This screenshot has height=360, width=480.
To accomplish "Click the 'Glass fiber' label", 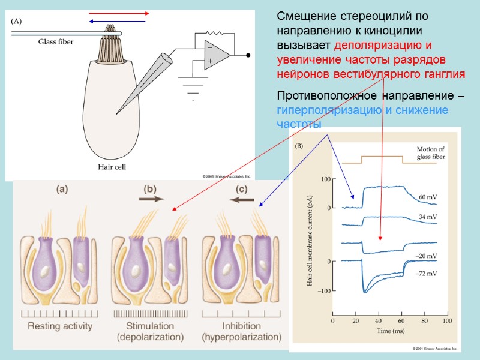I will tap(56, 41).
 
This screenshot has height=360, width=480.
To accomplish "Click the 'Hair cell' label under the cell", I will tap(112, 167).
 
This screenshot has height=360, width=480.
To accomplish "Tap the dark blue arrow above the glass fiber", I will tap(118, 22).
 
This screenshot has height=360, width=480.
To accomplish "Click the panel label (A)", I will tap(16, 21).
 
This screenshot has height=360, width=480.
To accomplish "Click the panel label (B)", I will tap(299, 146).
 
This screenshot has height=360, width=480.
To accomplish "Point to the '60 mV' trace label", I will tap(427, 197).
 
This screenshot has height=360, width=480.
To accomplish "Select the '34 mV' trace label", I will tap(427, 217).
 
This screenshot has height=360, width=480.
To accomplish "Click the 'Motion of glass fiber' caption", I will tap(431, 154).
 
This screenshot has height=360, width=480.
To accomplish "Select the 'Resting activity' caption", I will tap(60, 326).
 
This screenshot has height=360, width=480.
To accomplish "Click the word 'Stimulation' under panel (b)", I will tap(150, 326).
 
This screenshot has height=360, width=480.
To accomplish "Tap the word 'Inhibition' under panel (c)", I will tap(241, 326).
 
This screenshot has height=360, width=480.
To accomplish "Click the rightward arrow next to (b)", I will tap(149, 201).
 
